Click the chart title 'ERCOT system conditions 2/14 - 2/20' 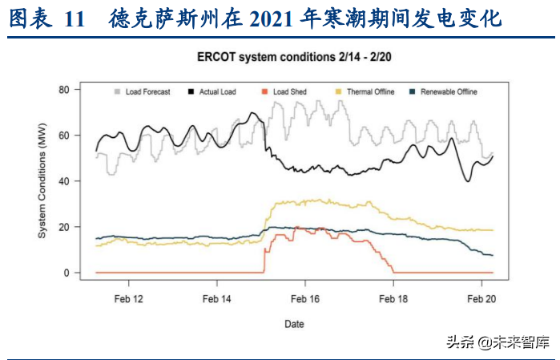point(296,58)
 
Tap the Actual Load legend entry point(216,92)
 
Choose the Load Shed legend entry point(289,92)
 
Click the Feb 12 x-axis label point(129,298)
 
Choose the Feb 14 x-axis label point(217,298)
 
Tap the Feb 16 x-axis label point(305,298)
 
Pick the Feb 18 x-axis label point(393,298)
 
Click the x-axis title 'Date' point(294,324)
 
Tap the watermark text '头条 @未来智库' point(498,342)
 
